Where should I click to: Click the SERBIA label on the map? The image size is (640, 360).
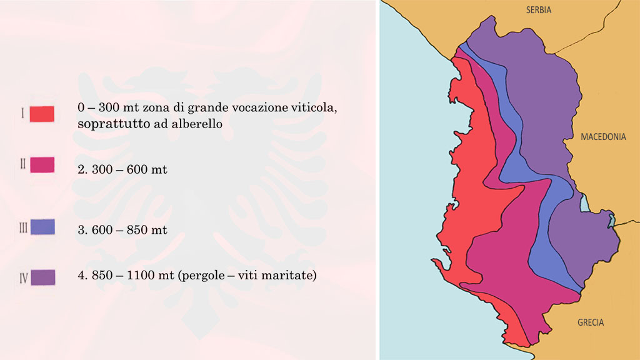[x=539, y=10]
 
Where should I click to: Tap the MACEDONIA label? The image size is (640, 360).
[x=603, y=137]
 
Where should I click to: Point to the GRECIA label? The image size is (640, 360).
[x=591, y=322]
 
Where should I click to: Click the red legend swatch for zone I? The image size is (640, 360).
[x=42, y=114]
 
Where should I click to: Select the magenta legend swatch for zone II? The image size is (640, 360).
[x=42, y=164]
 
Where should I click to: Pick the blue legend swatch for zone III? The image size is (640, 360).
[x=42, y=226]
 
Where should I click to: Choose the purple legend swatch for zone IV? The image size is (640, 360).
[x=42, y=276]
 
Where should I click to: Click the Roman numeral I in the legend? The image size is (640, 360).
[x=22, y=114]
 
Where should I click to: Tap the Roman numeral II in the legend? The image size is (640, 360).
[x=22, y=164]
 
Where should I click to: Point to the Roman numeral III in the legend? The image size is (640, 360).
[x=22, y=227]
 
